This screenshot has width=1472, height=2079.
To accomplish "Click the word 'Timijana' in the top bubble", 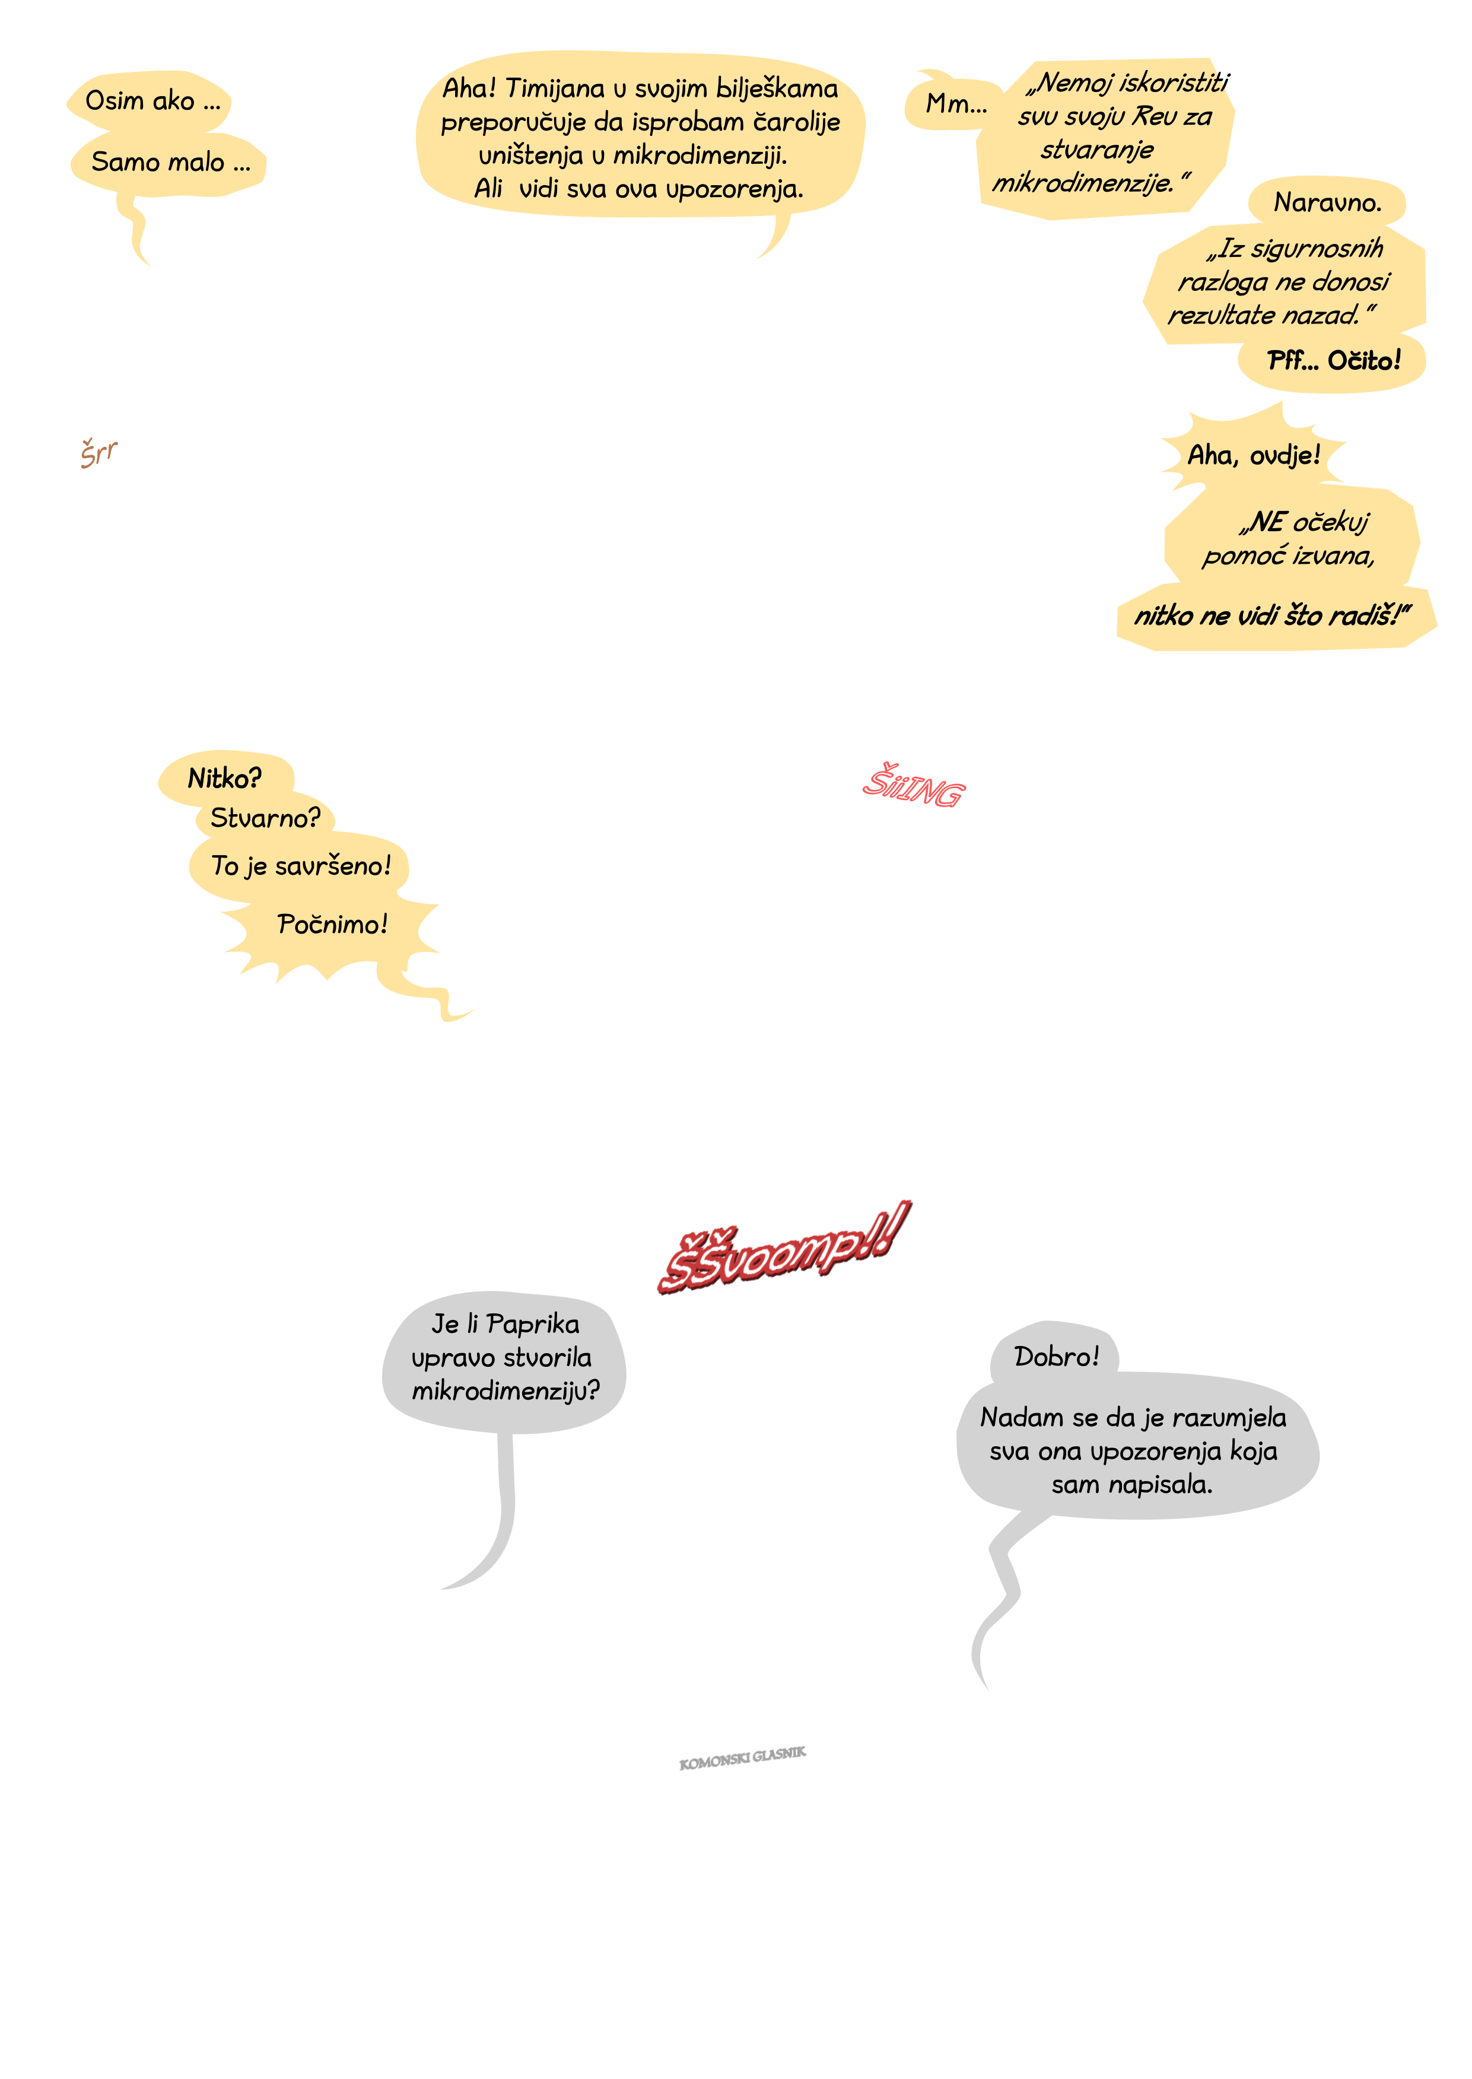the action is point(554,89).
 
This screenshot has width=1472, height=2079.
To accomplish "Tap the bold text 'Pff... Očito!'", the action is point(1333,361).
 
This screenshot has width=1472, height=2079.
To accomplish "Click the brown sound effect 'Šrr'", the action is point(99,452).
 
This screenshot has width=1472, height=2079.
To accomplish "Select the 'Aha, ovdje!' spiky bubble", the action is point(1254,454).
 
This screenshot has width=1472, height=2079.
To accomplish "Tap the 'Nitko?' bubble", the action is point(225,777).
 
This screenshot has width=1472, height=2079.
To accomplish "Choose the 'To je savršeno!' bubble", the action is point(300,866).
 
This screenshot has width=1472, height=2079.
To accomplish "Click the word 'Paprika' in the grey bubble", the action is point(532,1325).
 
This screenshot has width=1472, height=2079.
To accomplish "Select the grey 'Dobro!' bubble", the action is point(1056,1356).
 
